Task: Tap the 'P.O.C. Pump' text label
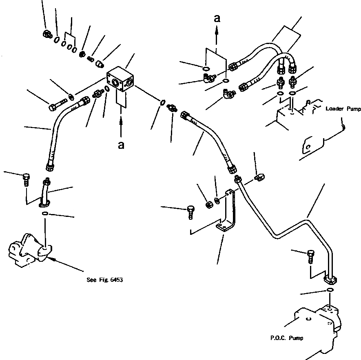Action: (287, 338)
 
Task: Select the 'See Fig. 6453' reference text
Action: (105, 280)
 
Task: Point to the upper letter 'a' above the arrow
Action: (217, 18)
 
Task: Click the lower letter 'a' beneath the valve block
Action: (121, 145)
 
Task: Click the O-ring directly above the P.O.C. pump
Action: (330, 290)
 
